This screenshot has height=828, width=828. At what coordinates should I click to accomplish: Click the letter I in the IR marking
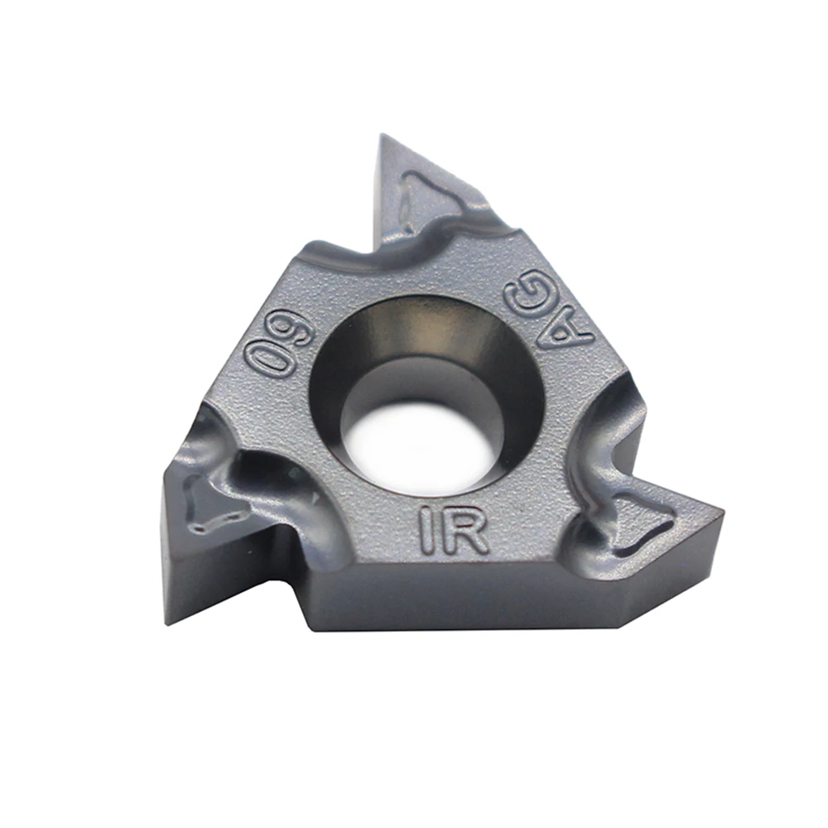[x=428, y=528]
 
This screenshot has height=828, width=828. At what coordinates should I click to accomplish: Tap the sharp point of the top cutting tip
[x=381, y=135]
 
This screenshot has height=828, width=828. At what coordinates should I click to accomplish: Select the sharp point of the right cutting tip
[x=722, y=512]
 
